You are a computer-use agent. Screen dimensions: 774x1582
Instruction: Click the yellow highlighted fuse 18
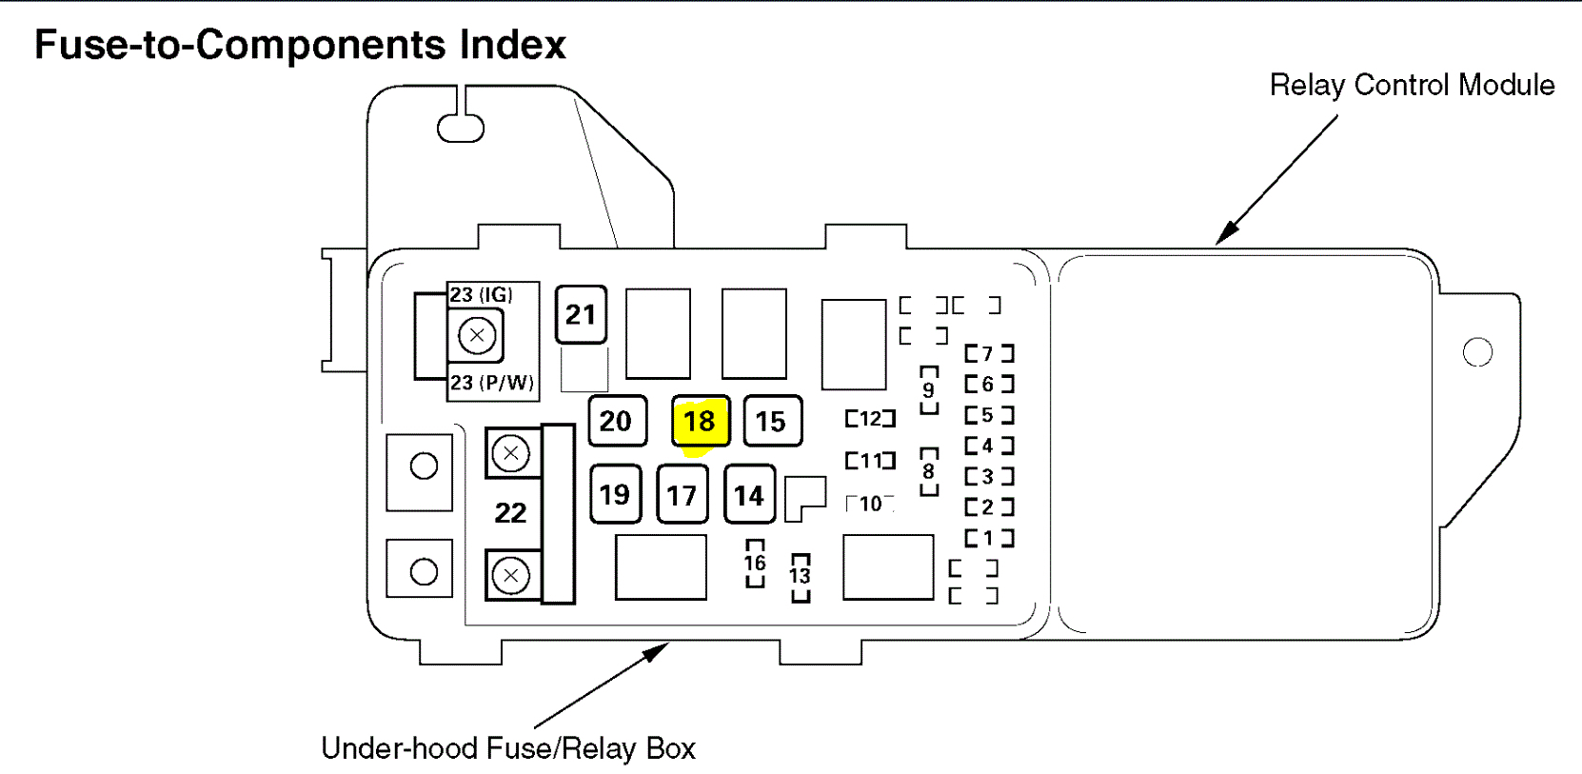700,421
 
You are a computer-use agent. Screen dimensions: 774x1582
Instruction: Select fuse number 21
581,314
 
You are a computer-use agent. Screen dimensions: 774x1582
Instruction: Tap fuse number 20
617,421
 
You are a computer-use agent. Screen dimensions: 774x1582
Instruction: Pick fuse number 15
772,421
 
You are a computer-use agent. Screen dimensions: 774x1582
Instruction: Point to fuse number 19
615,494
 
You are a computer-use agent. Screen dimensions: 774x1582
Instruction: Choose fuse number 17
682,495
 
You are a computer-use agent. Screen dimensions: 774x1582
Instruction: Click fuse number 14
749,495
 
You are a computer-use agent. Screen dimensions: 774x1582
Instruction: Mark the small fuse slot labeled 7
989,354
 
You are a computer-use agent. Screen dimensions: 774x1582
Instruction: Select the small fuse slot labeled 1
989,538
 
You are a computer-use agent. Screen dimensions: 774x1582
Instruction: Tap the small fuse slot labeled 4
989,446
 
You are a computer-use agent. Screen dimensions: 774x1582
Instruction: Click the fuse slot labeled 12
871,419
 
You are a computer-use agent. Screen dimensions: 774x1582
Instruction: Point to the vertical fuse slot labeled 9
929,390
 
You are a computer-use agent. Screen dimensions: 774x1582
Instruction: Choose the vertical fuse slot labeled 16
755,563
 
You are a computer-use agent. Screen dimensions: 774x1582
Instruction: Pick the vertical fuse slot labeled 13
801,576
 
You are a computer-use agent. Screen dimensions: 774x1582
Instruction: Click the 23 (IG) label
482,295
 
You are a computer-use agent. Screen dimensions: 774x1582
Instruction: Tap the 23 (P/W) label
492,383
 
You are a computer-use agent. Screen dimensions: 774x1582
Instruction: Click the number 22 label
510,513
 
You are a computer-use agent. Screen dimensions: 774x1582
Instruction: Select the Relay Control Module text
1412,86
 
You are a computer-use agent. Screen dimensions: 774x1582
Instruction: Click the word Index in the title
513,45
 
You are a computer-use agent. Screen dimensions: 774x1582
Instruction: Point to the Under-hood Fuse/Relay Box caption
508,748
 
